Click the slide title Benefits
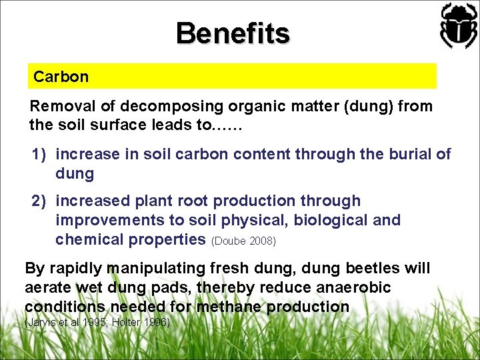click(x=233, y=33)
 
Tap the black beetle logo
click(x=458, y=25)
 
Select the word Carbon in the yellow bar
click(x=61, y=77)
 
